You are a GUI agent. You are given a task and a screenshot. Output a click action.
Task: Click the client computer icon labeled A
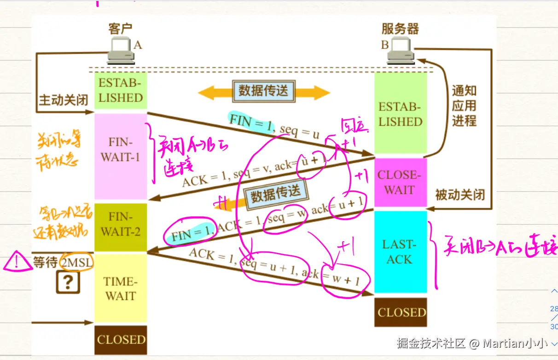click(121, 51)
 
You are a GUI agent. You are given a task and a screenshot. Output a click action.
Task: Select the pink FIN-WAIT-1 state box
click(121, 157)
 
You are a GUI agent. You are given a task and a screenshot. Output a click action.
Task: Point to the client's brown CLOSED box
click(121, 340)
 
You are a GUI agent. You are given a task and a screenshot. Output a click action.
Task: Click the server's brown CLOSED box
click(401, 312)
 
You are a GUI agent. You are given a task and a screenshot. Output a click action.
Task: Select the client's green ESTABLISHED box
click(121, 91)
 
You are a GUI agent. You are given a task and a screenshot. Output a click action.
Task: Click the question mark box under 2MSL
click(68, 282)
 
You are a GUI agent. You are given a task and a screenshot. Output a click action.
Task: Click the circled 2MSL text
click(77, 262)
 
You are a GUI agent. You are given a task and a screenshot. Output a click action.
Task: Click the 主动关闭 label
click(63, 100)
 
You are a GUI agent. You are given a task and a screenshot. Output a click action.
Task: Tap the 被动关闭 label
click(460, 195)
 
